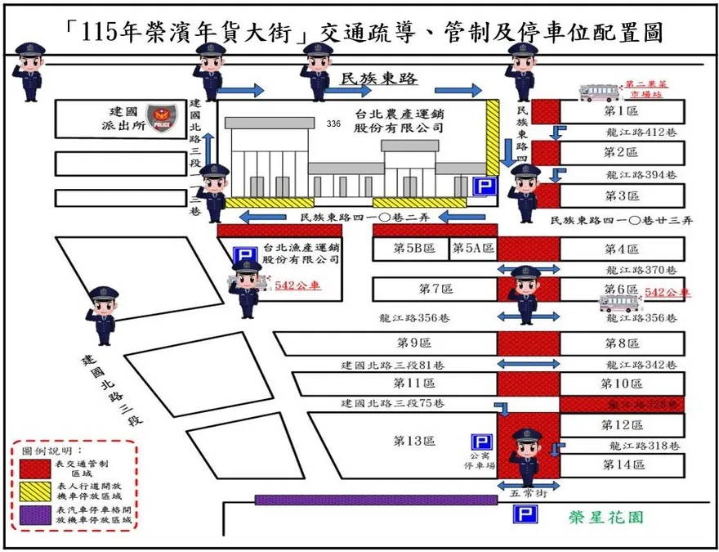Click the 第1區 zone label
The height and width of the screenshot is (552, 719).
pyautogui.click(x=621, y=111)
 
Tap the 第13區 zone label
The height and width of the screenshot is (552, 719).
pyautogui.click(x=411, y=441)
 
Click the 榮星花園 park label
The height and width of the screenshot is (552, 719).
pyautogui.click(x=608, y=518)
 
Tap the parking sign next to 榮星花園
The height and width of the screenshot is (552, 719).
pyautogui.click(x=524, y=514)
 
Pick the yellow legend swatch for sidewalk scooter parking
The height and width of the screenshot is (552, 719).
pyautogui.click(x=33, y=491)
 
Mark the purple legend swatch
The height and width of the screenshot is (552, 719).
pyautogui.click(x=33, y=514)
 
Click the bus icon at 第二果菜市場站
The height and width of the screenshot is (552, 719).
pyautogui.click(x=601, y=92)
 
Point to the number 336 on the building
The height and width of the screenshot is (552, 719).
pyautogui.click(x=333, y=123)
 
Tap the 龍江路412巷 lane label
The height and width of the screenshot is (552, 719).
pyautogui.click(x=641, y=132)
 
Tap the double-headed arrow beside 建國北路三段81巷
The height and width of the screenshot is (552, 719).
pyautogui.click(x=524, y=363)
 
